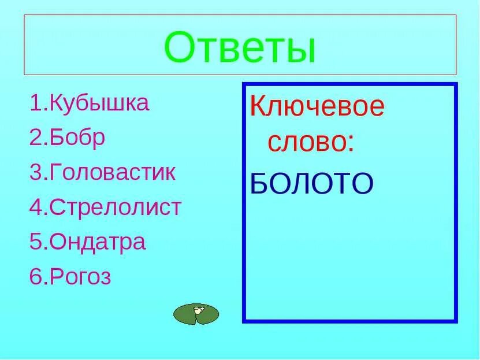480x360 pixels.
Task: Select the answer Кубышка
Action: click(100, 103)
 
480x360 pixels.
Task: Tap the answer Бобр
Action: click(78, 138)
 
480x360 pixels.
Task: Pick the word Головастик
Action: click(113, 173)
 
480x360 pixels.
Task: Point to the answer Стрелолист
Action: click(116, 207)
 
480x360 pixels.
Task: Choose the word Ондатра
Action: click(98, 242)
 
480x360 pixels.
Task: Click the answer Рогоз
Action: click(81, 277)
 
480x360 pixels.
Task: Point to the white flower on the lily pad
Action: click(198, 310)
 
